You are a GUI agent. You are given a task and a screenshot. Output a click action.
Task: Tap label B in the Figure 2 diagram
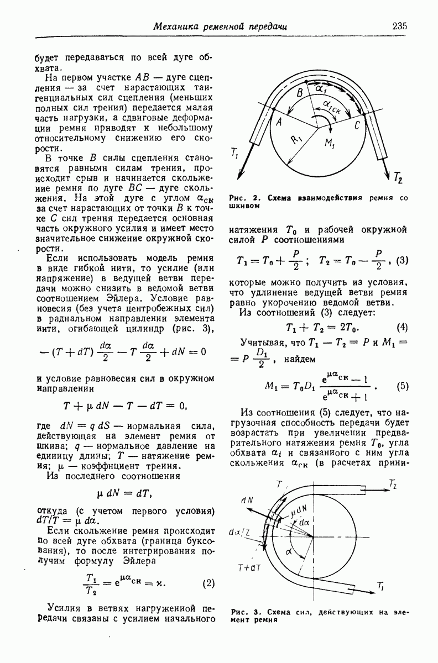pos(300,92)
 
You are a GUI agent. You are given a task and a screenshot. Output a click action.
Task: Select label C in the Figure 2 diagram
pos(357,126)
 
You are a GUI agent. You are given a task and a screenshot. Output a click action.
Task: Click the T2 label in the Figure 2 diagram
pos(398,178)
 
